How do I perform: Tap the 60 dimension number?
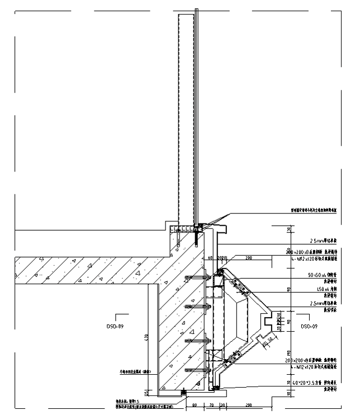click(x=211, y=259)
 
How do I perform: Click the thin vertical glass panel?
click(x=196, y=112)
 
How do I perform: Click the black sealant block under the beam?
click(x=183, y=393)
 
